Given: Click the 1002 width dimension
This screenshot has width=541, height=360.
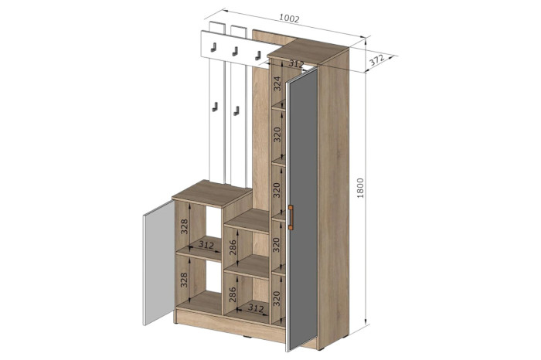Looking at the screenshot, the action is click(289, 19).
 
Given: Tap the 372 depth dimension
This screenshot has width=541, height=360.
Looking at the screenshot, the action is click(377, 60).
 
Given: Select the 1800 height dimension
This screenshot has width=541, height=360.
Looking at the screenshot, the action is click(360, 188).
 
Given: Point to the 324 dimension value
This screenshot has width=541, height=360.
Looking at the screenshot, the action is click(277, 83).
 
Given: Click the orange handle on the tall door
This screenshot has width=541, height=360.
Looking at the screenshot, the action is click(291, 216).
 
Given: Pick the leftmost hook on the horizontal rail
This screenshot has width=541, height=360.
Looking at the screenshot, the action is click(213, 47).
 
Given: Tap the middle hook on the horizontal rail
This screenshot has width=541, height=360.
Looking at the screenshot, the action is click(235, 52).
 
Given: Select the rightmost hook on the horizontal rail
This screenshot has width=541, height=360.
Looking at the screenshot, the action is click(257, 55).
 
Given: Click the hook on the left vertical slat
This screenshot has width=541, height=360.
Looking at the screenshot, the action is click(215, 107).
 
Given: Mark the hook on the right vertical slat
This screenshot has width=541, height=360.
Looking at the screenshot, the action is click(236, 111).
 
